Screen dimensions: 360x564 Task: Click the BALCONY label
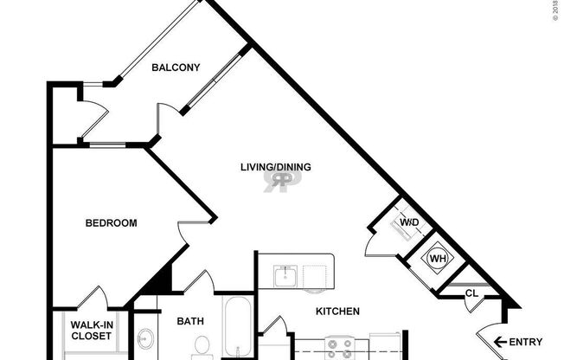click(176, 67)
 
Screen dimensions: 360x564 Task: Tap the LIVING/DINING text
click(276, 167)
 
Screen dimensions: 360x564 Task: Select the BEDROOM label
click(111, 223)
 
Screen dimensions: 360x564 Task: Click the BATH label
click(190, 321)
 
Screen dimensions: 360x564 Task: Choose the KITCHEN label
click(336, 312)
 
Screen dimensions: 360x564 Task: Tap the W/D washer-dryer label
click(409, 223)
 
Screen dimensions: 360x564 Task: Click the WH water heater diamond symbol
click(438, 258)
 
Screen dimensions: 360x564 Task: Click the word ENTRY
click(527, 342)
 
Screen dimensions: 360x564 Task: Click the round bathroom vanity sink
click(144, 339)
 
